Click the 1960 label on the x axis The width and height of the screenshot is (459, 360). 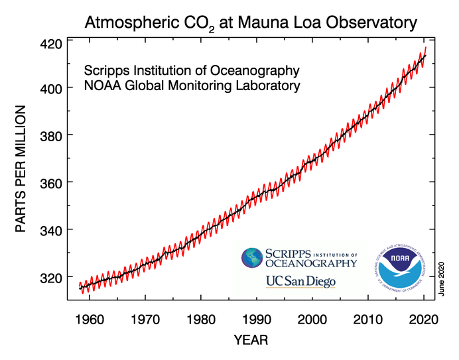[x=90, y=319]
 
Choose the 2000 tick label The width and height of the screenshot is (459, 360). [x=312, y=319]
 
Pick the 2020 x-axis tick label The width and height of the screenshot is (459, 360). [x=423, y=319]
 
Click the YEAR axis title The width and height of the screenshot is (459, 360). [x=251, y=341]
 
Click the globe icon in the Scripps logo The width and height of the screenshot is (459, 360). [x=252, y=259]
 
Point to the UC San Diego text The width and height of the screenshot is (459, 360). [x=300, y=281]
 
